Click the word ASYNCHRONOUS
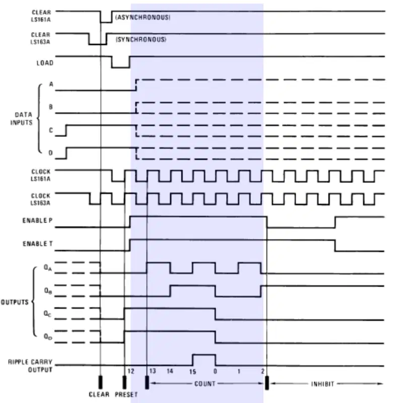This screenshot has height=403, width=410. [x=143, y=18]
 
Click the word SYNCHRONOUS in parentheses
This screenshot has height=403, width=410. [x=141, y=39]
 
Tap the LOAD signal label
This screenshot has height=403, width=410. [x=45, y=63]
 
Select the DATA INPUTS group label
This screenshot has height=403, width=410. [x=22, y=119]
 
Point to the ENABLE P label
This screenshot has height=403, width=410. [x=37, y=221]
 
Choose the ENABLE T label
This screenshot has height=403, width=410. [x=38, y=244]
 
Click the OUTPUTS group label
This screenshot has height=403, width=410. [x=15, y=302]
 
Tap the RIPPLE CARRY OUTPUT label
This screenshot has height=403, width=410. [x=30, y=366]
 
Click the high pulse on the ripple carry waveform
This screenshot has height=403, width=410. [x=204, y=355]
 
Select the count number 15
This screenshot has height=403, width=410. [x=193, y=372]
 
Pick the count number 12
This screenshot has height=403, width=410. [x=131, y=371]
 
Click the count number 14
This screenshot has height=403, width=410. [x=170, y=371]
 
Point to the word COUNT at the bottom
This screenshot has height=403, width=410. [x=204, y=384]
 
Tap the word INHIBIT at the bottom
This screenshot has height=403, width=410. [x=323, y=384]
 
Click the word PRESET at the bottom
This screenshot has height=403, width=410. [x=126, y=394]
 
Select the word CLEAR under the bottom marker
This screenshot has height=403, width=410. [x=99, y=394]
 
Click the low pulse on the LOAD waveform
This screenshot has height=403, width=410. [x=120, y=68]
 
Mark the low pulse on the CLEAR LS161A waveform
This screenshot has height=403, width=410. [x=106, y=22]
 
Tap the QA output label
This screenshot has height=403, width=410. [x=47, y=268]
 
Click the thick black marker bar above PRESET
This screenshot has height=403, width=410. [x=124, y=382]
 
